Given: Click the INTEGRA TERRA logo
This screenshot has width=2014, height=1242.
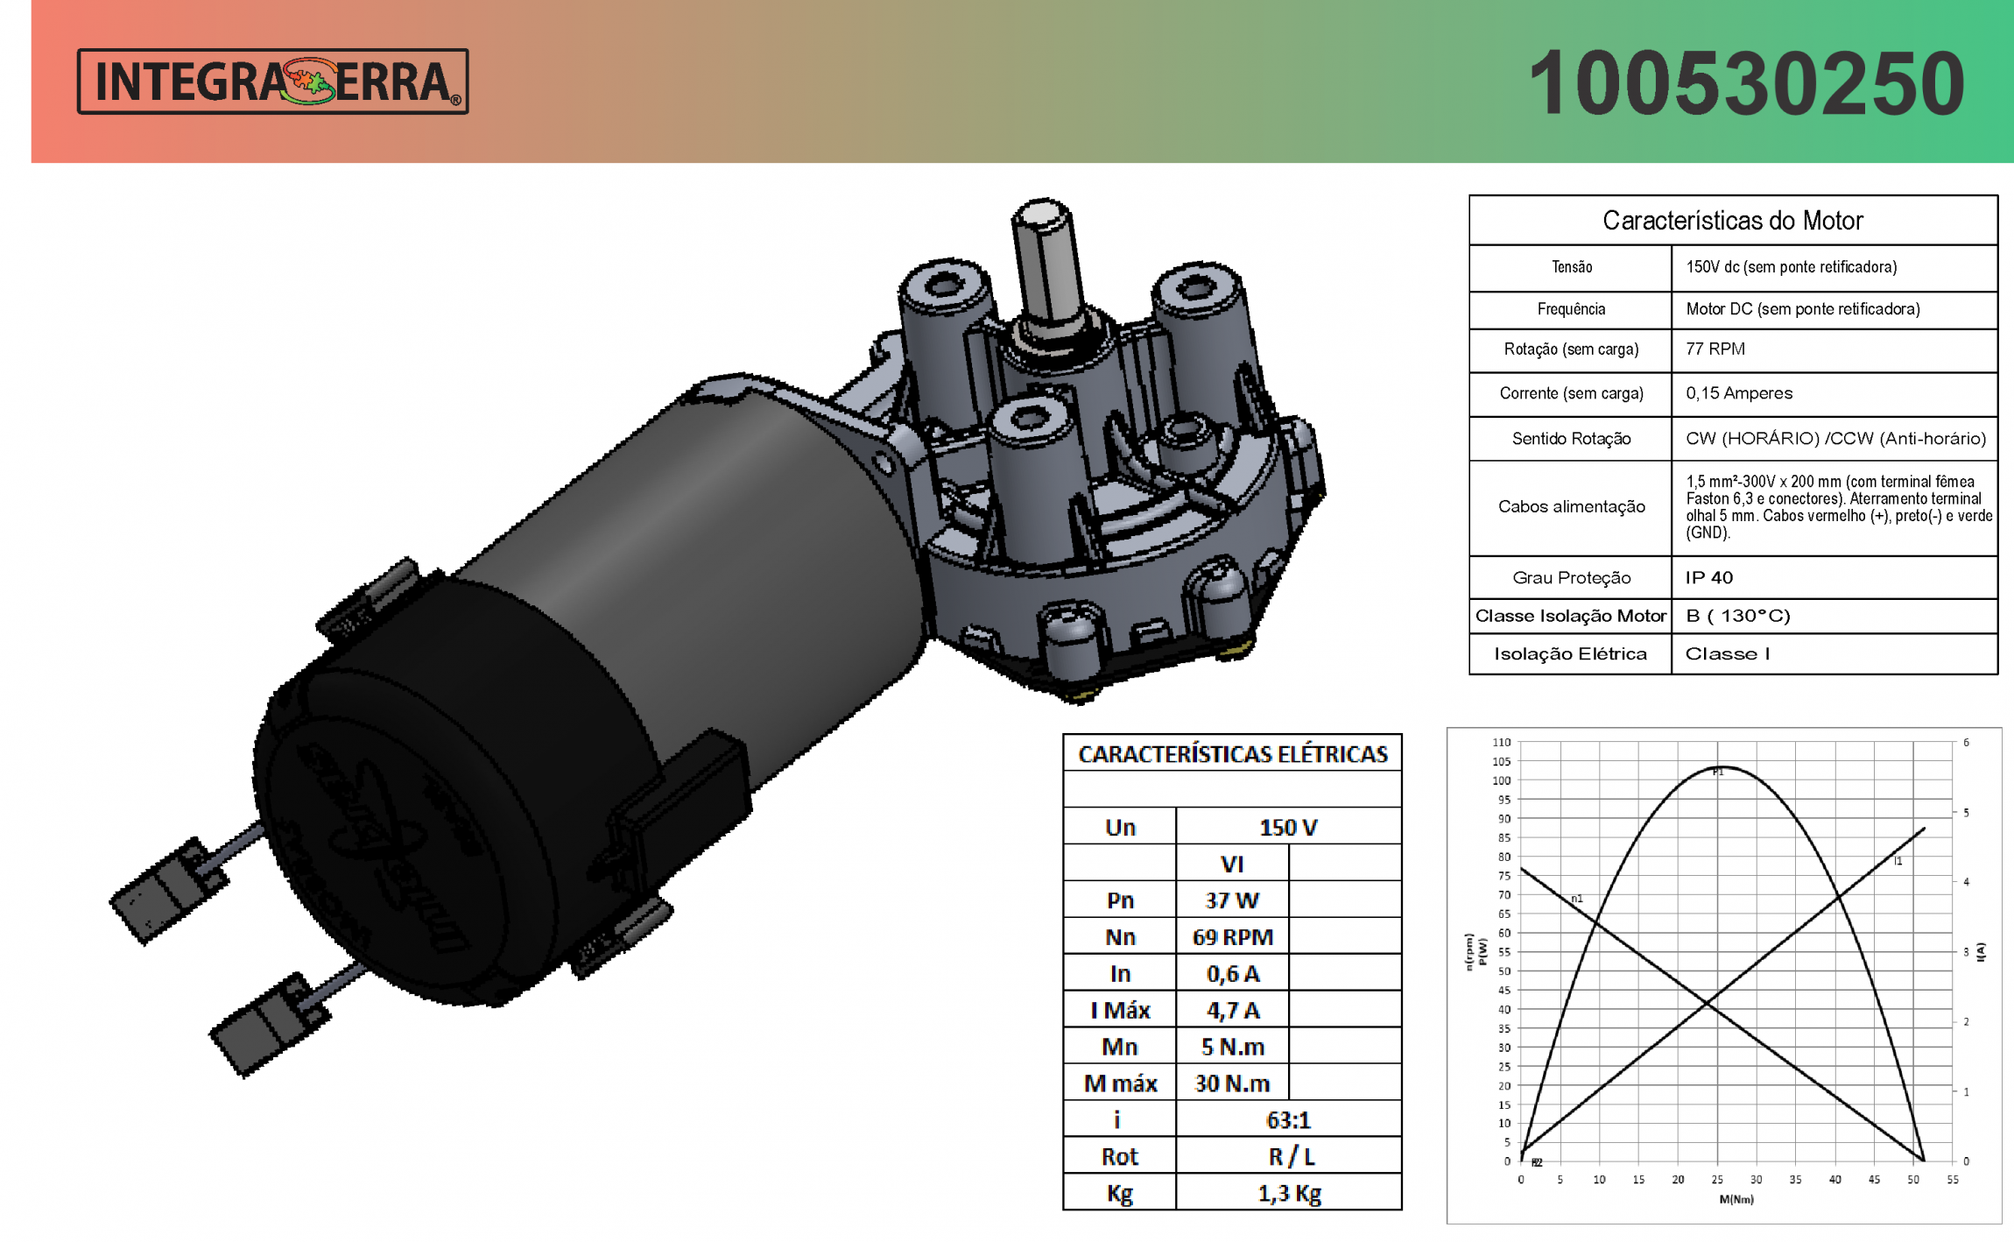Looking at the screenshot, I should click(x=272, y=81).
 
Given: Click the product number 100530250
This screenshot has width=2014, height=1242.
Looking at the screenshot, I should click(x=1746, y=83).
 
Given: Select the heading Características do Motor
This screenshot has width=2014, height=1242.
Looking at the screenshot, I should click(x=1732, y=221).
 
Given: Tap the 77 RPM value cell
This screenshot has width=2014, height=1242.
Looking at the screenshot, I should click(x=1715, y=349).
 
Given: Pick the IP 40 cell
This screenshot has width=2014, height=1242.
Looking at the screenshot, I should click(x=1708, y=578).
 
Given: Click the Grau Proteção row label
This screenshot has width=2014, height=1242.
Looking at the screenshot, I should click(x=1571, y=578).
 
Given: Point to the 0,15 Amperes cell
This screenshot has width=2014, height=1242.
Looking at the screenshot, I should click(x=1738, y=393).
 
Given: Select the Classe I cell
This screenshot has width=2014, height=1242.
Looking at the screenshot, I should click(x=1727, y=654).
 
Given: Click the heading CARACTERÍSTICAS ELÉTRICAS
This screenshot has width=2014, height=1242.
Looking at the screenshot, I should click(x=1232, y=754).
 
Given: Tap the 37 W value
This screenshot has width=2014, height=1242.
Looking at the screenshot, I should click(x=1231, y=900).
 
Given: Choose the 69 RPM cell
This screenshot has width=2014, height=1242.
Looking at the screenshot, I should click(x=1231, y=937).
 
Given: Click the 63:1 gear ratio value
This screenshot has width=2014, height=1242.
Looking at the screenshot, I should click(x=1287, y=1120).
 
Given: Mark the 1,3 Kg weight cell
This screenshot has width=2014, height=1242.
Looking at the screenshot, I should click(x=1288, y=1194).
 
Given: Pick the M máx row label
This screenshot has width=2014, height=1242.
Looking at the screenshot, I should click(x=1120, y=1083).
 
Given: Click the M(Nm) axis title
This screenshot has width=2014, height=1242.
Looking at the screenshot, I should click(x=1736, y=1199).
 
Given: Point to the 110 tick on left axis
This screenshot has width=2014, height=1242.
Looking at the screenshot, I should click(x=1502, y=743).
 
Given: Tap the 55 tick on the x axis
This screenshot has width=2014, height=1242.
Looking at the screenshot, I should click(x=1952, y=1180).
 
